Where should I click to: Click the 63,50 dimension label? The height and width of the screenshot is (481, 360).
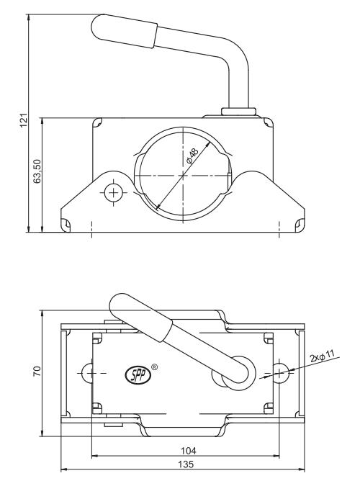click(37, 171)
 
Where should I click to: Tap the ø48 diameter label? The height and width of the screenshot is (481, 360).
click(192, 156)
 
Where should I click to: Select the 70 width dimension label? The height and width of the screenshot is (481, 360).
click(37, 372)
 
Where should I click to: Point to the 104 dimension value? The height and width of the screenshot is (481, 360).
click(188, 451)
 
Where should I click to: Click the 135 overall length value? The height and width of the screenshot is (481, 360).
click(186, 464)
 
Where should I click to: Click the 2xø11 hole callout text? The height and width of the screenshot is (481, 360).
click(322, 356)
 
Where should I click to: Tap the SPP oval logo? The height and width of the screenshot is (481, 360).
click(138, 375)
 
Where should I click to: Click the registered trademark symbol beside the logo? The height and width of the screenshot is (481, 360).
click(155, 367)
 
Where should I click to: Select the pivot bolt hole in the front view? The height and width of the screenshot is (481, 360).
click(114, 193)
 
